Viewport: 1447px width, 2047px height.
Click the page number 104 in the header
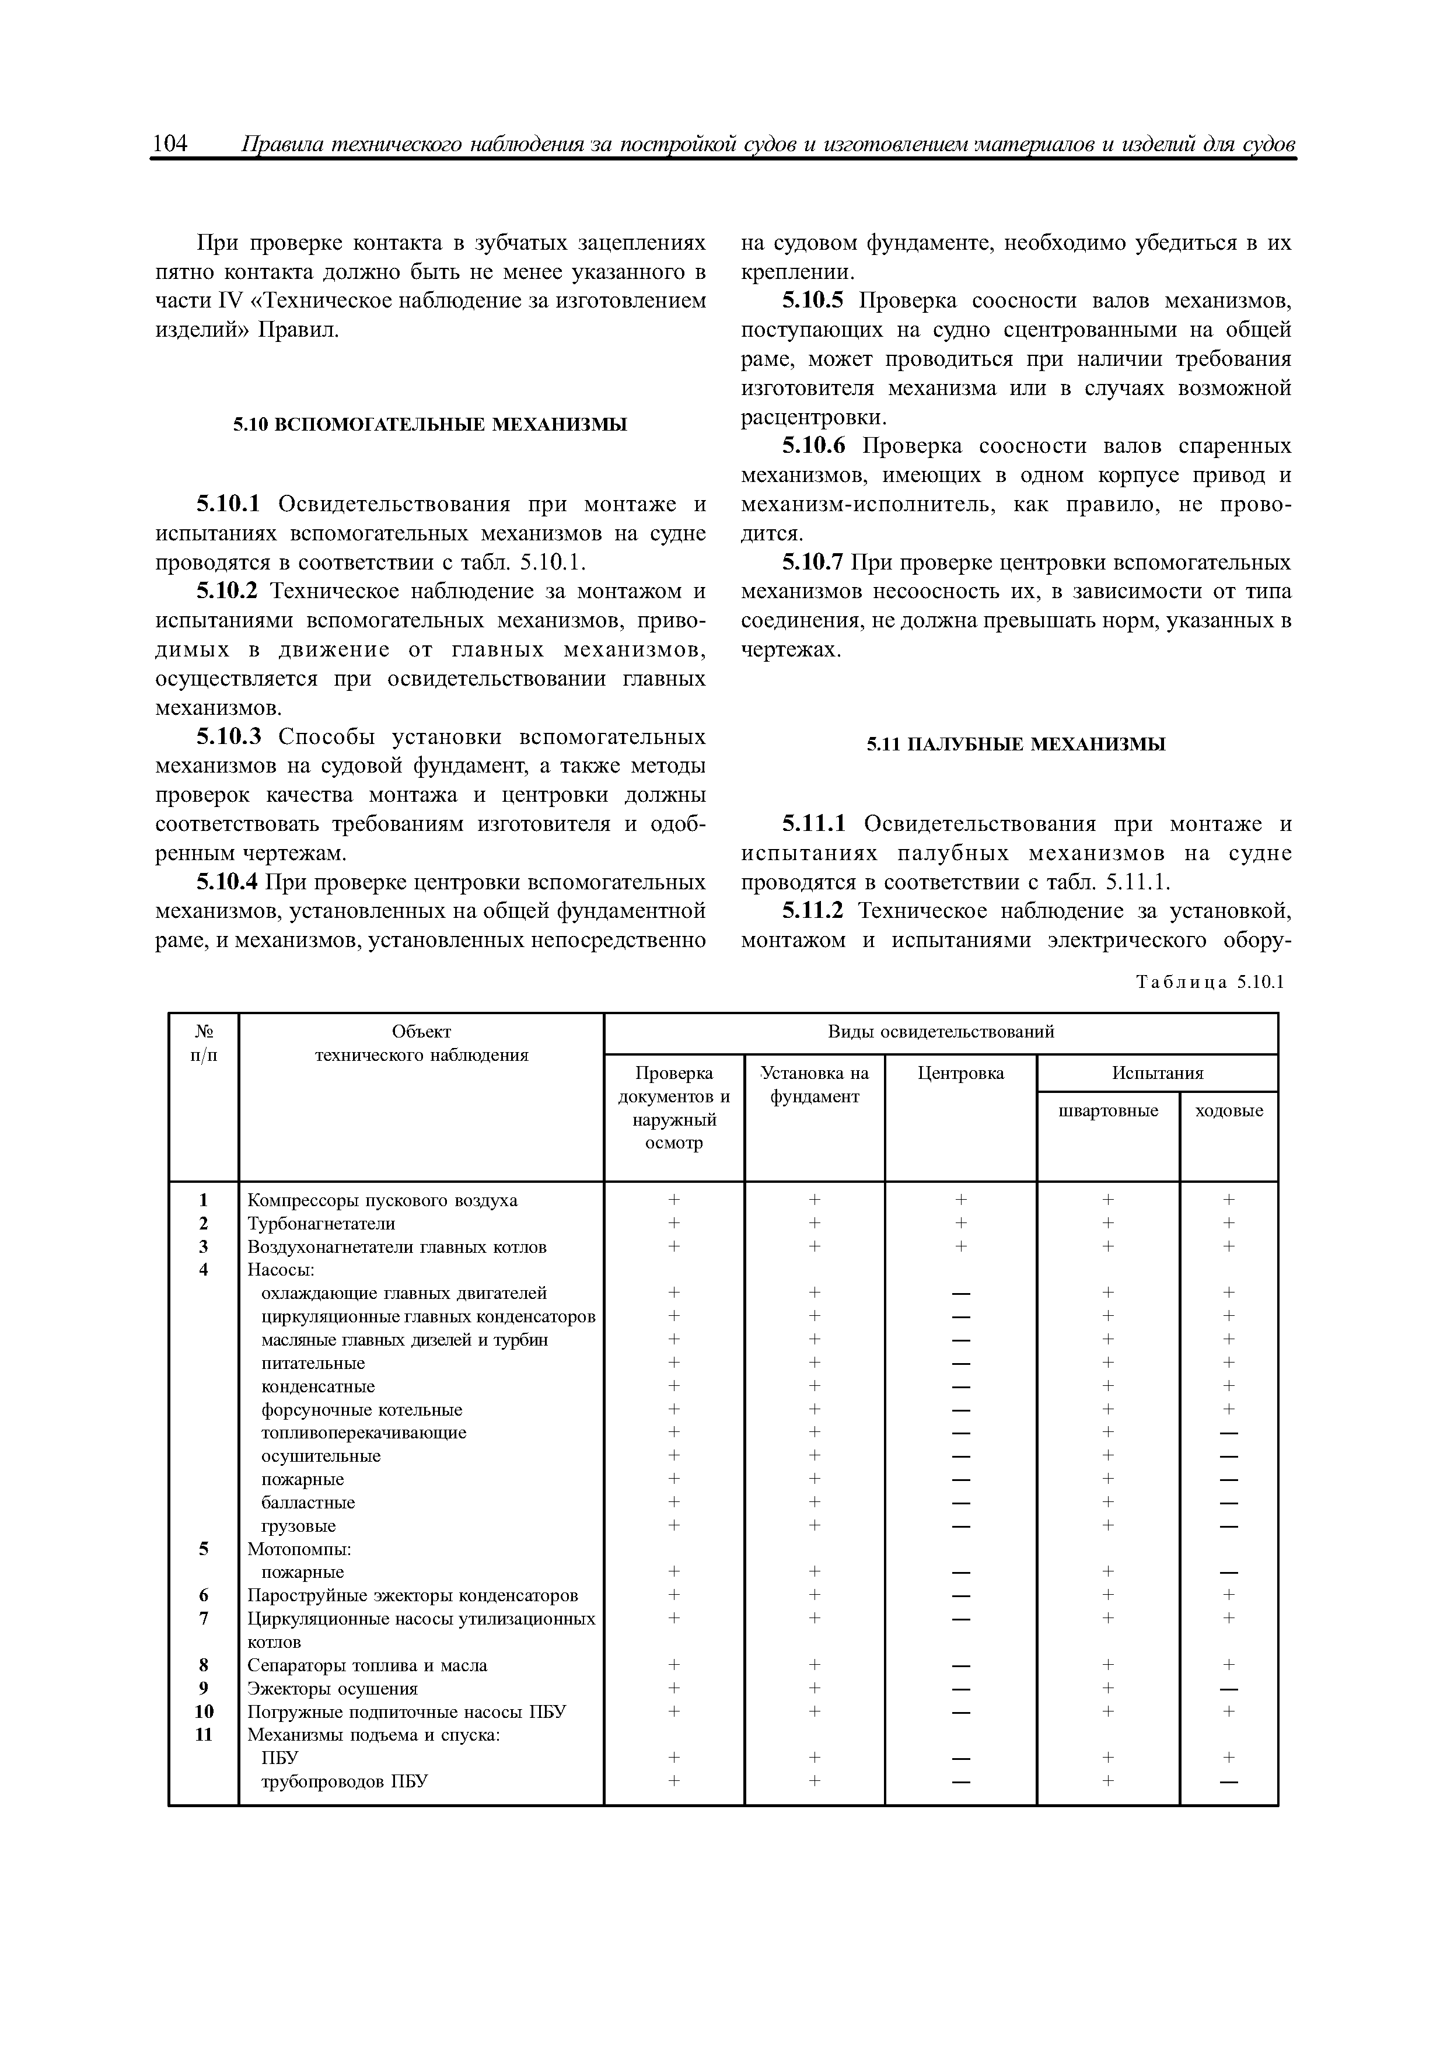(x=170, y=144)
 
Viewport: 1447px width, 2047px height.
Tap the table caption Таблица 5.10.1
(x=1209, y=981)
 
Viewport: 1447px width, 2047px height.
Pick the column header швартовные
(x=1107, y=1111)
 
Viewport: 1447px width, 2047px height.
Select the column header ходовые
(x=1229, y=1111)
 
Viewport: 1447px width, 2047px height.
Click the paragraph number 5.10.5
(x=812, y=301)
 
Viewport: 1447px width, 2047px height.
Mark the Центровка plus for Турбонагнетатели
(x=960, y=1223)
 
